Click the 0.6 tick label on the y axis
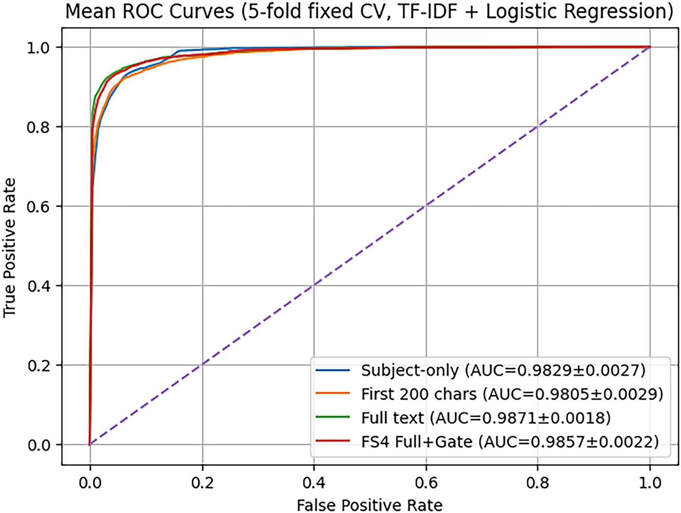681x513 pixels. [38, 206]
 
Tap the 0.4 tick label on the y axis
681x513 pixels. [38, 285]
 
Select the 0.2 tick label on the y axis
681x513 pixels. [38, 365]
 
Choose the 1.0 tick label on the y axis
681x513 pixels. [38, 48]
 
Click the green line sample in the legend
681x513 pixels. [333, 417]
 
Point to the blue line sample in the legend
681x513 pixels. [333, 370]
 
